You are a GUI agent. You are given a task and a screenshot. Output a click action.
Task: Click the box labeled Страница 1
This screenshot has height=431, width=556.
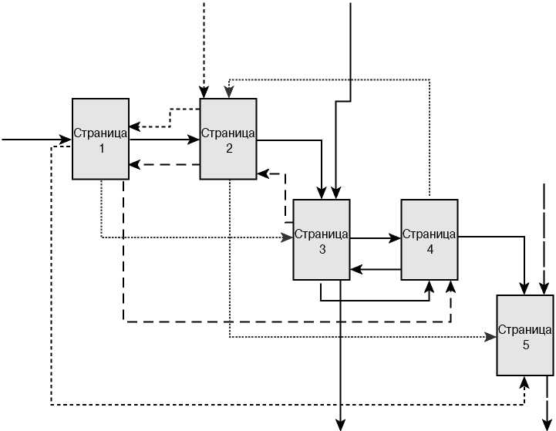[x=100, y=139]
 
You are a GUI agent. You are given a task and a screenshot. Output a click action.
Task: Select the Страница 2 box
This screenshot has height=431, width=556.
[x=228, y=139]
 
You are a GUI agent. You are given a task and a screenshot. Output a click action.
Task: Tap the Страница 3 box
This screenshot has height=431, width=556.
[x=322, y=240]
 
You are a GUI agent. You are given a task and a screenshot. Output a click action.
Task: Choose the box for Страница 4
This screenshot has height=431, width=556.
[x=429, y=240]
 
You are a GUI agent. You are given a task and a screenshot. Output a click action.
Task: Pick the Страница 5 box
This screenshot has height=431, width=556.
[x=525, y=336]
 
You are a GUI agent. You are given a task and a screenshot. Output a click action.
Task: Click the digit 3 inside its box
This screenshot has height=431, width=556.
[x=322, y=249]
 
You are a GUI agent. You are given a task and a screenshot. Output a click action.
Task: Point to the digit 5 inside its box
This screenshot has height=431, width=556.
[x=526, y=345]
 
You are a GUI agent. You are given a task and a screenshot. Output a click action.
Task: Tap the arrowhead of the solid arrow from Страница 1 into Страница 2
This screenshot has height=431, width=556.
[x=196, y=140]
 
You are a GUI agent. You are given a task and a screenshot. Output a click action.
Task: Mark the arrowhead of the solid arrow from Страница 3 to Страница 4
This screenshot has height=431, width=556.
[x=396, y=239]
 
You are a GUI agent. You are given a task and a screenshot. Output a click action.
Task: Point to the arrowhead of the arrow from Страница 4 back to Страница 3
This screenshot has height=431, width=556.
[x=355, y=269]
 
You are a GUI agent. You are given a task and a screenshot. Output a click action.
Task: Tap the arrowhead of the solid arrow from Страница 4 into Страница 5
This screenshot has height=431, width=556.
[x=526, y=291]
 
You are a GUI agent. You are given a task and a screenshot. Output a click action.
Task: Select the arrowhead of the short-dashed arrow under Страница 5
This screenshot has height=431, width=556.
[x=525, y=382]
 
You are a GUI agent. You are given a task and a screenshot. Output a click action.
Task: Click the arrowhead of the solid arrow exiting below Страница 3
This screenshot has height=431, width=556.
[x=340, y=422]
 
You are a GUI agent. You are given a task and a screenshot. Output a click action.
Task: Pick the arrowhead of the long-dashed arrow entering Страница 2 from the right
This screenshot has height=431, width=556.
[x=261, y=173]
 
